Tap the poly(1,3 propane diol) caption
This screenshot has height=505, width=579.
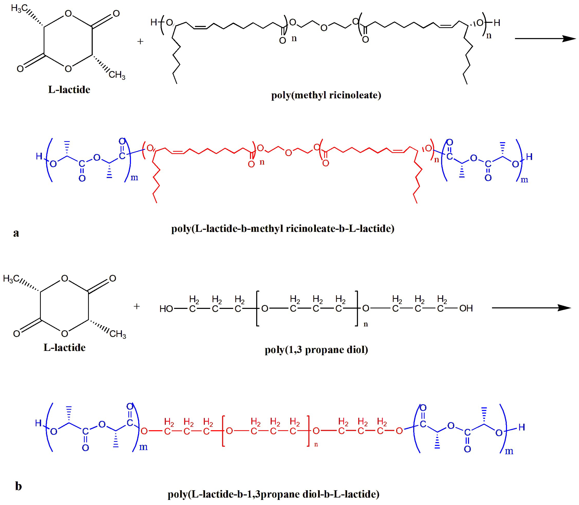point(316,350)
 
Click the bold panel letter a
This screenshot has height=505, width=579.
point(16,233)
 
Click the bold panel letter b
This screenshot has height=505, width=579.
point(18,486)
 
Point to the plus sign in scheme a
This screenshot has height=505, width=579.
point(140,42)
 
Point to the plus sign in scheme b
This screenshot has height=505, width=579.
point(137,306)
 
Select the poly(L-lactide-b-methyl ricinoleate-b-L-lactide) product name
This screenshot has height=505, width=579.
point(283,228)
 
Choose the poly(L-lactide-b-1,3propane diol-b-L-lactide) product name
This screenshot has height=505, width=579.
point(273,494)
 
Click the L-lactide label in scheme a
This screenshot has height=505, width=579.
point(69,90)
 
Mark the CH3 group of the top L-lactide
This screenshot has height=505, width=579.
point(117,75)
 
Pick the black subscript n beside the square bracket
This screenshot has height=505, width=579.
point(366,324)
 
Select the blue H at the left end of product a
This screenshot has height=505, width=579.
point(39,156)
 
